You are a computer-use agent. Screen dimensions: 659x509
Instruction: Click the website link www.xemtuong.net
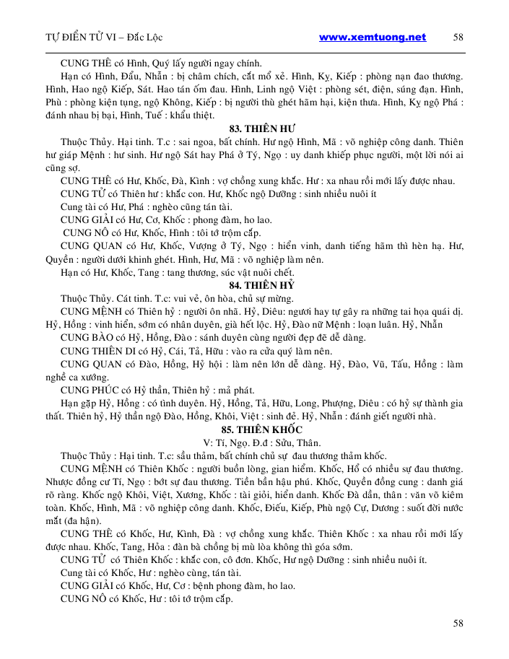tap(372, 38)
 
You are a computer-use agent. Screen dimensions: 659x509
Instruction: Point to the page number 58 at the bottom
tap(458, 622)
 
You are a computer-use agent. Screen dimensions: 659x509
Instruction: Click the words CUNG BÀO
tap(84, 337)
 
